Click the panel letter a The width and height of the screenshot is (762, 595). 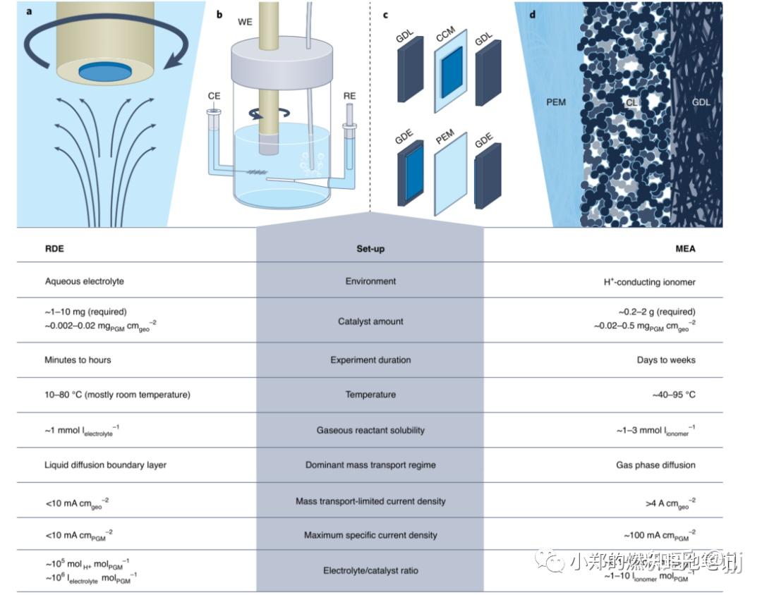click(x=30, y=12)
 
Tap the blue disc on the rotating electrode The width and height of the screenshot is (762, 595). click(x=104, y=71)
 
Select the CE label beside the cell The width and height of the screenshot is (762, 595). click(x=214, y=95)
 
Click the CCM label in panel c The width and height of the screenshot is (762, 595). click(x=446, y=35)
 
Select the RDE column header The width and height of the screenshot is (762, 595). click(x=54, y=249)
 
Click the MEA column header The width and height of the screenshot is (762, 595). click(x=684, y=249)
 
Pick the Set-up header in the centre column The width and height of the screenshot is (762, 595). click(x=370, y=249)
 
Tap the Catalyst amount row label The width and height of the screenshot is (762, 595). click(x=370, y=321)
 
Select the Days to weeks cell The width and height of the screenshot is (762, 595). click(x=665, y=360)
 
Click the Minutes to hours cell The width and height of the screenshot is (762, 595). click(x=78, y=360)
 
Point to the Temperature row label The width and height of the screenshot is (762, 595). click(x=370, y=395)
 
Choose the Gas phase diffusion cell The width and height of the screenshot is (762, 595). click(x=655, y=465)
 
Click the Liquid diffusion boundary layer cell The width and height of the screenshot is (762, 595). click(x=105, y=465)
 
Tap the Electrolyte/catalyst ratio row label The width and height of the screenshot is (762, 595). click(x=370, y=570)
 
